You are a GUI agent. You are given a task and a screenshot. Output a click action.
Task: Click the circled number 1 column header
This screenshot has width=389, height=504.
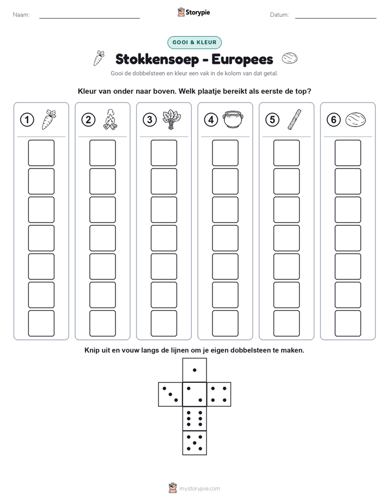pos(27,120)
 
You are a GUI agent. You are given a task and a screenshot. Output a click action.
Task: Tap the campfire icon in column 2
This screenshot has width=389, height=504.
pos(110,119)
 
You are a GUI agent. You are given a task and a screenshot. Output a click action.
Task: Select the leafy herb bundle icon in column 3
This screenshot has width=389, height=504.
pos(172,119)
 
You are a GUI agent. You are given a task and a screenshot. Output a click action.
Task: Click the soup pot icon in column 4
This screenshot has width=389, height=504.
pos(233,119)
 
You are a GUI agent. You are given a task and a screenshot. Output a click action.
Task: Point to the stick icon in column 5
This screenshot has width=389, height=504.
pos(294,119)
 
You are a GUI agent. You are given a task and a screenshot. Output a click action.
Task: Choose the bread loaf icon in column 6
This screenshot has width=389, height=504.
pos(356,120)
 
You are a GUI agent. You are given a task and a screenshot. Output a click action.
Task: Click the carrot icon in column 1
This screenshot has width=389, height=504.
pos(49,119)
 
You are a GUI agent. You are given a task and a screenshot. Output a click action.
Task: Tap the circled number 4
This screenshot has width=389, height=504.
pos(211,120)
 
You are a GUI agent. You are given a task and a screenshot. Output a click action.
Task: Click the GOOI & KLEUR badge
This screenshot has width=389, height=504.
pos(194,43)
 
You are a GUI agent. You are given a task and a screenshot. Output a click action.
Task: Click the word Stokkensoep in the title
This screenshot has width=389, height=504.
pos(157,59)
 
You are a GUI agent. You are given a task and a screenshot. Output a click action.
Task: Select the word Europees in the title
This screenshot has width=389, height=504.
pos(242,59)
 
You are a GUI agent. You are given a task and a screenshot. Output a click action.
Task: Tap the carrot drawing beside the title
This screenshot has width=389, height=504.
pos(99,58)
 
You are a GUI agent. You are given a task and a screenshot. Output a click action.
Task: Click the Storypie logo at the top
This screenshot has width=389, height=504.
pos(194,13)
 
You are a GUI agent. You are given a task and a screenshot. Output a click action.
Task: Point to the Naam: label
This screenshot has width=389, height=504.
pos(21,15)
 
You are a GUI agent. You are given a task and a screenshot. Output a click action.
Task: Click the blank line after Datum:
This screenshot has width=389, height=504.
pos(336,18)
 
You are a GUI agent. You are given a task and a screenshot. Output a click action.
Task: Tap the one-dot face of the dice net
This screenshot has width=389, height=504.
pos(194,370)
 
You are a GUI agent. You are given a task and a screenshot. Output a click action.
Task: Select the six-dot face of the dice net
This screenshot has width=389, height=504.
pos(194,418)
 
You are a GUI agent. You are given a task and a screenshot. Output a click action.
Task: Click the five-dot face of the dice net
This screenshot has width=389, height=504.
pos(194,442)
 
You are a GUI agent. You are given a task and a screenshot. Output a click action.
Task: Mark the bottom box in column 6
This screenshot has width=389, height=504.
pos(348,323)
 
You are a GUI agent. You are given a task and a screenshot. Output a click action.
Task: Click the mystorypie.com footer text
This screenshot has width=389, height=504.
pos(199,489)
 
